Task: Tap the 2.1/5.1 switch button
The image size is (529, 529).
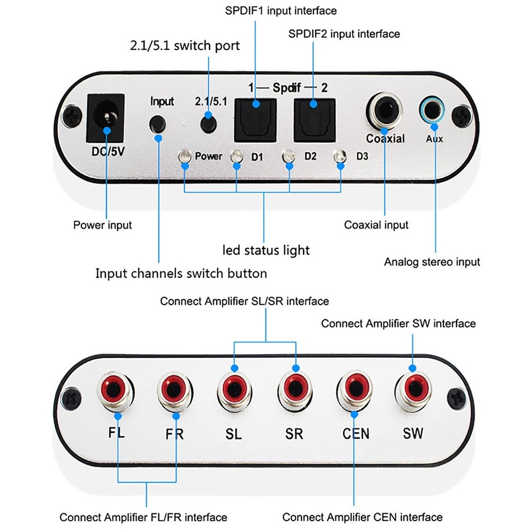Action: tap(208, 123)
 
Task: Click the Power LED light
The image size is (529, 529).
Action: tap(185, 157)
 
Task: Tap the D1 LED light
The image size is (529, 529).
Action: tap(236, 157)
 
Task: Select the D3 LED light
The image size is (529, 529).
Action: tap(340, 157)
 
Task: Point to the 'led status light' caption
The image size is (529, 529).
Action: tap(266, 249)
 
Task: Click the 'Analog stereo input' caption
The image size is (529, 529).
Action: tap(432, 262)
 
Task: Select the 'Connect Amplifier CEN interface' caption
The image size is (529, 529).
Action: tap(362, 517)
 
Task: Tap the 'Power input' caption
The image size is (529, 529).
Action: tap(102, 225)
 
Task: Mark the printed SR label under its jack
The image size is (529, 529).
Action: tap(294, 434)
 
